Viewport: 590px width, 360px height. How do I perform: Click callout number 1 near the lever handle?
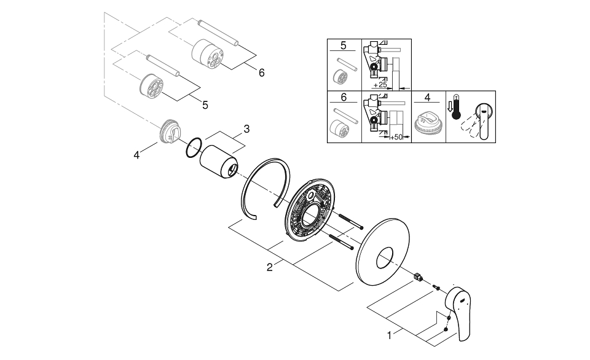pos(388,335)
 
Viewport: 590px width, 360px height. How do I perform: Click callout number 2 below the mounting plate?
pos(269,267)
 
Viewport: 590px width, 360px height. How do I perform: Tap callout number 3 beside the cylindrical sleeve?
pos(246,129)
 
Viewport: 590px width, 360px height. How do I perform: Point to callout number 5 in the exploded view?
pos(205,104)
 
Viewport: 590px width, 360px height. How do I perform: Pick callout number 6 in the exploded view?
pos(261,72)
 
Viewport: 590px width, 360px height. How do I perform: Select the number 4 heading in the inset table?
pos(428,97)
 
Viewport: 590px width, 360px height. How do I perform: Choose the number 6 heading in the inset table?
pos(344,97)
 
